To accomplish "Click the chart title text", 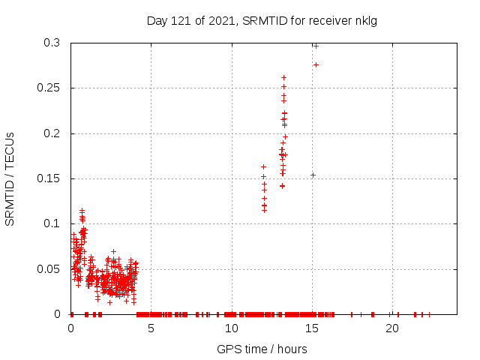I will pos(262,20).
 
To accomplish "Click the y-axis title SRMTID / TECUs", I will pos(10,178).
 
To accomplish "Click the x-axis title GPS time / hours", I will pos(262,349).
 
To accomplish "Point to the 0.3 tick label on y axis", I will pos(52,43).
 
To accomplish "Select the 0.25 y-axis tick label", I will pos(49,88).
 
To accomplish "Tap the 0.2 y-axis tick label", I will pos(52,133).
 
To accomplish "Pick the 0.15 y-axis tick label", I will pos(49,178).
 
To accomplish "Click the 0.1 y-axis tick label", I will pos(52,223).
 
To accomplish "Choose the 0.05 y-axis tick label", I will pos(49,269).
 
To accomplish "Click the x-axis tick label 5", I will pos(151,328).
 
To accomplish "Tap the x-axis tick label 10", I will pos(231,328).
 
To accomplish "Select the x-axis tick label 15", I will pos(311,328).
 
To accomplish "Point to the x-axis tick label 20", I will pos(391,328).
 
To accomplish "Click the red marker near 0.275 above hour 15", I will pos(316,64).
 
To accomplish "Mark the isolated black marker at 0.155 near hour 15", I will pos(313,175).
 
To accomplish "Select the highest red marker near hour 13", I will pos(283,77).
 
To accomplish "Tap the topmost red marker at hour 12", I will pos(263,166).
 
